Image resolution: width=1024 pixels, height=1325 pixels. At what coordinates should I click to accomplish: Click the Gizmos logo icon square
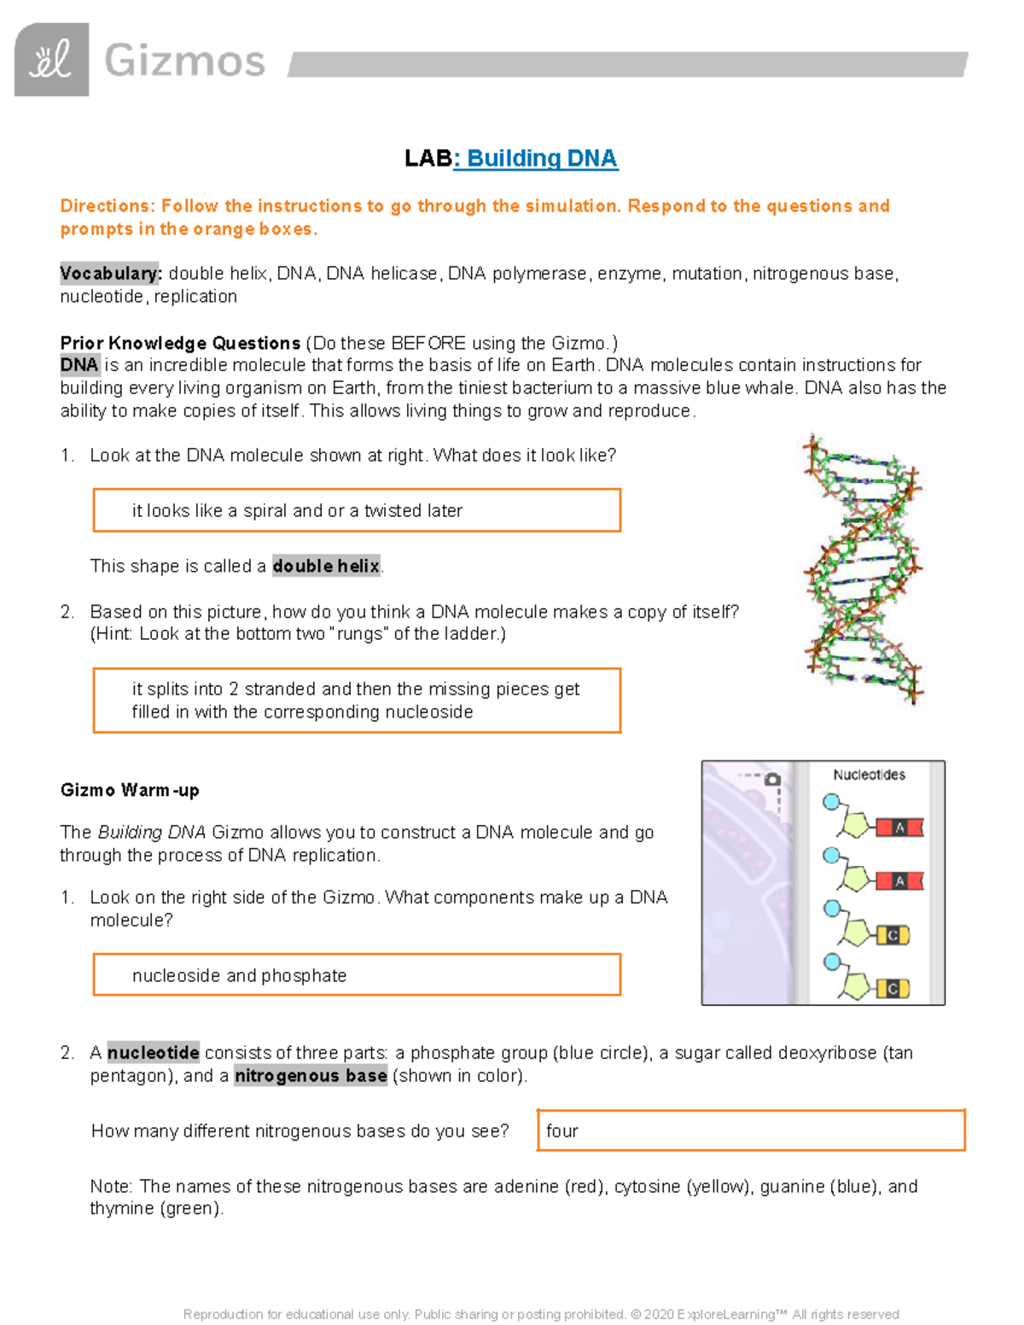(51, 60)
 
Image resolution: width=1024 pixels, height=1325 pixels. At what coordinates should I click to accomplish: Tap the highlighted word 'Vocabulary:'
(110, 274)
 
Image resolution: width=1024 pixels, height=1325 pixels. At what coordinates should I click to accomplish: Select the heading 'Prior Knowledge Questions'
(180, 343)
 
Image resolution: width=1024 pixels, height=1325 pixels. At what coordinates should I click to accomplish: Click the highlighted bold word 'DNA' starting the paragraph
(79, 365)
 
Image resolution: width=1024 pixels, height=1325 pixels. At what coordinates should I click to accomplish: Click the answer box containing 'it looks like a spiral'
(357, 510)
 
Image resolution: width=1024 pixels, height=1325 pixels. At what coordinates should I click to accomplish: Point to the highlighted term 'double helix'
(326, 567)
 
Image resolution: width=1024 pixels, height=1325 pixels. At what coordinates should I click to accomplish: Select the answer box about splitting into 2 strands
(357, 700)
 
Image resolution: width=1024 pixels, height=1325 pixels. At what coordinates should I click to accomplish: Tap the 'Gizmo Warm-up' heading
(130, 790)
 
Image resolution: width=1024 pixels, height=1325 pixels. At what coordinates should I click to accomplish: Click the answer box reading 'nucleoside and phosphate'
(357, 975)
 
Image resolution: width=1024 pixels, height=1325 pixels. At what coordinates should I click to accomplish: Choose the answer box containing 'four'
(750, 1130)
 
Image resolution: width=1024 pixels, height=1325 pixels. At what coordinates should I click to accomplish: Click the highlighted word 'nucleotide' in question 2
(154, 1053)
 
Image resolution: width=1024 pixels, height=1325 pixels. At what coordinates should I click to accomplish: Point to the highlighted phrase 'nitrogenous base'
(311, 1076)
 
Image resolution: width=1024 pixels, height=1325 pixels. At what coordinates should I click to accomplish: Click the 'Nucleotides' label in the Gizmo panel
(869, 775)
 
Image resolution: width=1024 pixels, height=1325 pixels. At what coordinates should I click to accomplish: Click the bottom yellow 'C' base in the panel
(893, 989)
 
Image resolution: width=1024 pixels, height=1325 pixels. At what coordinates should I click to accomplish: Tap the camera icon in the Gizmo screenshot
(772, 779)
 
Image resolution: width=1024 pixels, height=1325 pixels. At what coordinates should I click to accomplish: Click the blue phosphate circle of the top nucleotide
(830, 802)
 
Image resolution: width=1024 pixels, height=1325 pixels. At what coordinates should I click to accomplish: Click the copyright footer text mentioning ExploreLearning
(541, 1314)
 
